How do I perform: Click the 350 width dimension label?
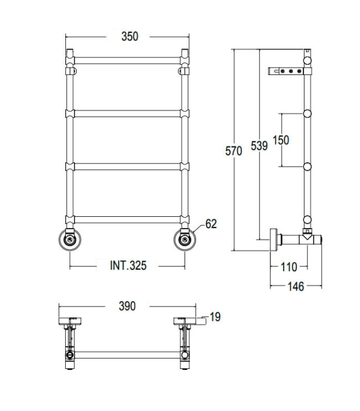pos(130,37)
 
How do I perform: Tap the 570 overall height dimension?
pos(234,151)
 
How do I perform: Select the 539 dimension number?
pos(259,146)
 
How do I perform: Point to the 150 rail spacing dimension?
pos(281,140)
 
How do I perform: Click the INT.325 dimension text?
pos(128,265)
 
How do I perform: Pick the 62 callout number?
pos(211,224)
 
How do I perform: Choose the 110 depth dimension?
pos(289,267)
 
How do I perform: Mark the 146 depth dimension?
pos(296,286)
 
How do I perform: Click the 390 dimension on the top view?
pos(127,306)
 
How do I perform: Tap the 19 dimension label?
pos(215,317)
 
